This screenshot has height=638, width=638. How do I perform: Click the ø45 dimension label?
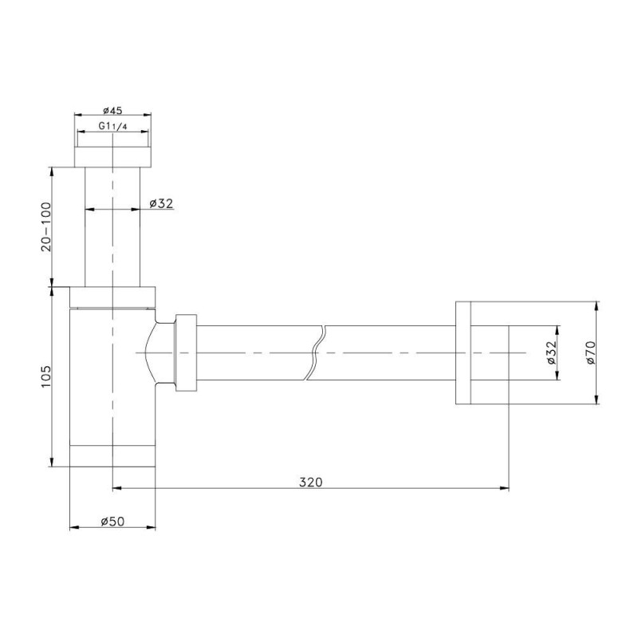point(112,110)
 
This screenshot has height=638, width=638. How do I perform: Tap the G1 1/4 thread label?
point(112,126)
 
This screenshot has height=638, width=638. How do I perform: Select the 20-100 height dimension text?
point(47,226)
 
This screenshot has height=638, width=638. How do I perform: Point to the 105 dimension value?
point(46,376)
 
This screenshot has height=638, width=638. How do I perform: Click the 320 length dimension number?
point(311,482)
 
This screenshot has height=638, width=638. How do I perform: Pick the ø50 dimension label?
point(112,522)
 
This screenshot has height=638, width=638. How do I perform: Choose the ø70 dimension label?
point(590,352)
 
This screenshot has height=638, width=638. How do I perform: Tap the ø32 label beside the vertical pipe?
point(161,203)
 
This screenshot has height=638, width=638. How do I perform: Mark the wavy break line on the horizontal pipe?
point(316,352)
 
